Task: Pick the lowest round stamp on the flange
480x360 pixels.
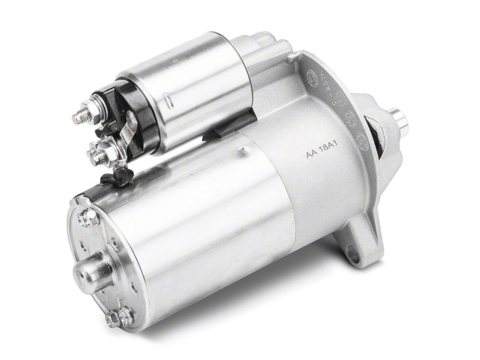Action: (361, 138)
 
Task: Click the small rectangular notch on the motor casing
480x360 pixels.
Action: (244, 151)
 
